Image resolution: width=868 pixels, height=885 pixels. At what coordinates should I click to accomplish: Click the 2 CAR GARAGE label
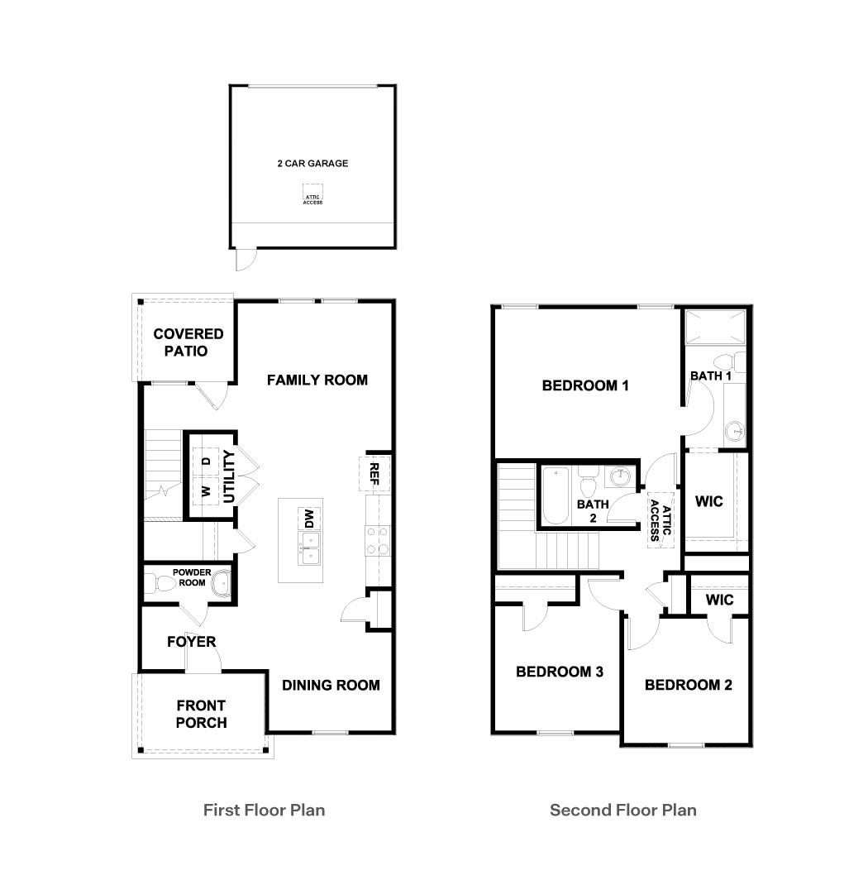[x=312, y=164]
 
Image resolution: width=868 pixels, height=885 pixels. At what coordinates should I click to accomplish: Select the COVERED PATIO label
[x=188, y=342]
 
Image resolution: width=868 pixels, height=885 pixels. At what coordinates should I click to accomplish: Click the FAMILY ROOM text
[x=317, y=380]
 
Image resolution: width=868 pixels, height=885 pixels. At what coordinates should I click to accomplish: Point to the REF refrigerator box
[x=374, y=473]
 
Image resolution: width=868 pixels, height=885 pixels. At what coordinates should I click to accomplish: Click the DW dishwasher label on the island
[x=309, y=519]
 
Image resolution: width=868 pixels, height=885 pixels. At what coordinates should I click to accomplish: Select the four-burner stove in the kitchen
[x=378, y=541]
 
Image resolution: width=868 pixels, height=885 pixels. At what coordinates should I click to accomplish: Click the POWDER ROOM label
[x=192, y=577]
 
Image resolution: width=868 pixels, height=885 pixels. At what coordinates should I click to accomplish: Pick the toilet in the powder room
[x=162, y=584]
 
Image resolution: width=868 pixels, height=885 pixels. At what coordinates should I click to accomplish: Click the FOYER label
[x=191, y=642]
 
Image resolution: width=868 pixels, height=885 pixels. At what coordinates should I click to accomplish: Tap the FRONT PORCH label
[x=201, y=714]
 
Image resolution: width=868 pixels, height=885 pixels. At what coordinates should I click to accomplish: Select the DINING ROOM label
[x=331, y=685]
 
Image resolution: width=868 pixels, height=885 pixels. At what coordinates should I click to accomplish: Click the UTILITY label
[x=229, y=476]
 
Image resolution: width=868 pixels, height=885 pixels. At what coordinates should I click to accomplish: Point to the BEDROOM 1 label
[x=585, y=385]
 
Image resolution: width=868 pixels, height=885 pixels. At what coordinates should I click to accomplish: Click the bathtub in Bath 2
[x=555, y=496]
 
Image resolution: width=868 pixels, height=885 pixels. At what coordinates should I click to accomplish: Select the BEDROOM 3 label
[x=559, y=672]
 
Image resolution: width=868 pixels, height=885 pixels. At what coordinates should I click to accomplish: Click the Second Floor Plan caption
[x=622, y=810]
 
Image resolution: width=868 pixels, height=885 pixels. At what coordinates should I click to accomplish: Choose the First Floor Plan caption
[x=264, y=810]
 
